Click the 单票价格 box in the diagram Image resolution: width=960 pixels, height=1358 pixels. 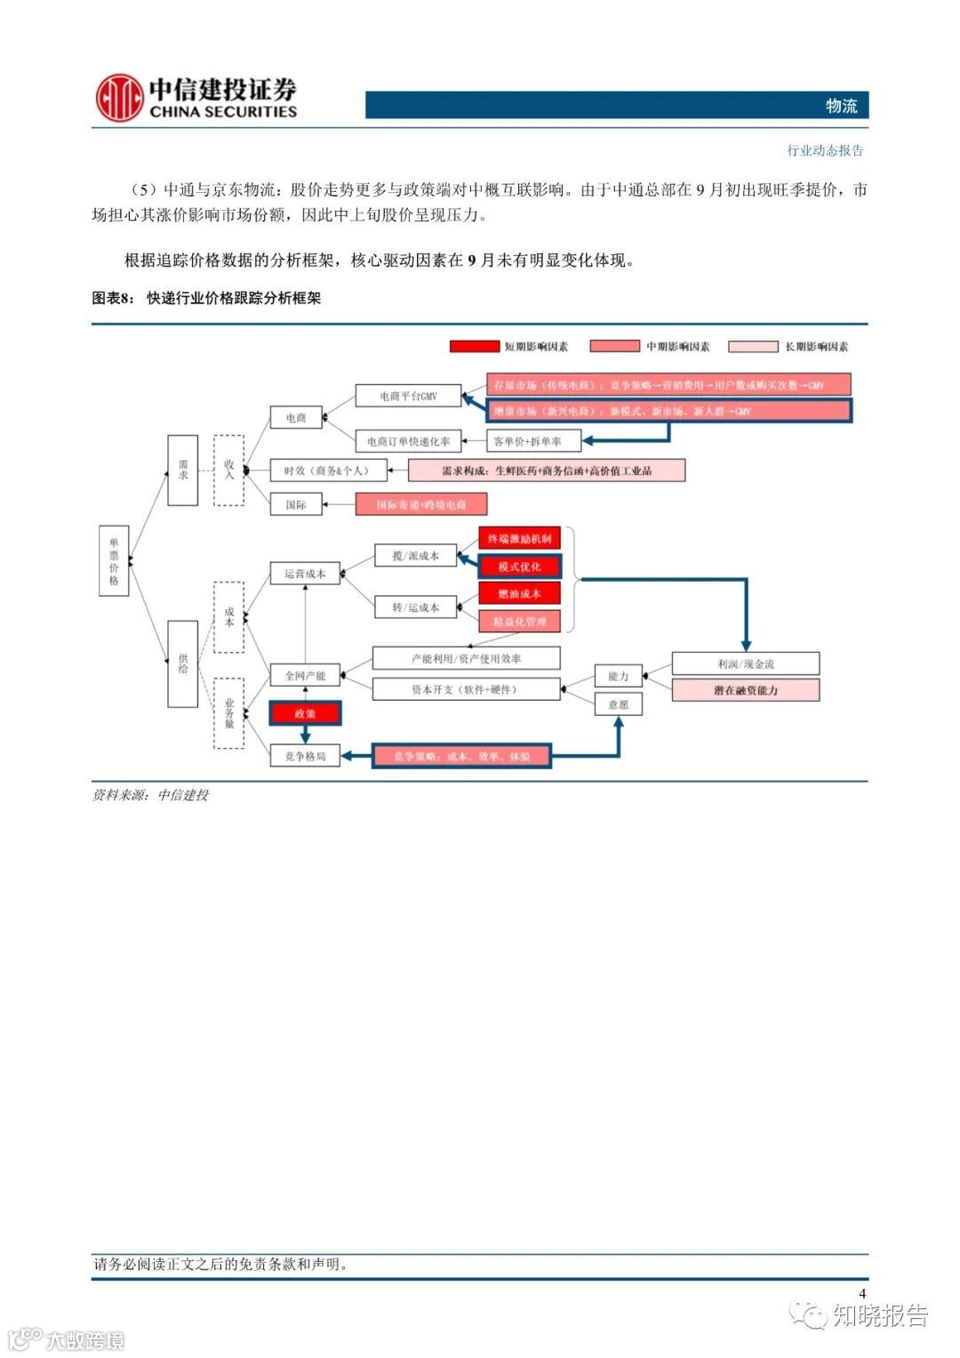click(114, 560)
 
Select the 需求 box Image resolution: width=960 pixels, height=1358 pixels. click(183, 470)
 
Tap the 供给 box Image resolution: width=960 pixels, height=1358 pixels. click(183, 663)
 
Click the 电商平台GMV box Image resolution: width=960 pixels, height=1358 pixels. click(408, 396)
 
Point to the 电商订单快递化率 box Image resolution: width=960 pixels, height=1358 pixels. click(408, 441)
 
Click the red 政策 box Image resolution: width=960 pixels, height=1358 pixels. click(305, 713)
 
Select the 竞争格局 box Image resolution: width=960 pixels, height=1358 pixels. click(305, 756)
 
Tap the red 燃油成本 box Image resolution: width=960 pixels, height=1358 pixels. click(520, 593)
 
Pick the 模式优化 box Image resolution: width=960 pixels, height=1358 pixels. click(520, 567)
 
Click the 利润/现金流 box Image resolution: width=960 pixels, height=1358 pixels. click(746, 663)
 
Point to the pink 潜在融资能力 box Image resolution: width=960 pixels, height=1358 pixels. click(746, 690)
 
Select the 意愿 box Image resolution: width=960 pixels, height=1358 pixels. click(618, 704)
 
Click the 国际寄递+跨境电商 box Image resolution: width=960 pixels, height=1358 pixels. click(421, 504)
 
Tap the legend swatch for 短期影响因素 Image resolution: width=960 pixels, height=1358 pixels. click(474, 346)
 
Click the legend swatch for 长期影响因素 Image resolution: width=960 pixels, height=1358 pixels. click(753, 346)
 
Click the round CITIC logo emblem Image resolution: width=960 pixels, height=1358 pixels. click(120, 98)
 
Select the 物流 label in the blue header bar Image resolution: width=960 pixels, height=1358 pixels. click(841, 106)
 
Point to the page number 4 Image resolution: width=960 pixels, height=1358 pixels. click(861, 1293)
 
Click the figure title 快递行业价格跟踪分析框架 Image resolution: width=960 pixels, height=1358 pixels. click(234, 298)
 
